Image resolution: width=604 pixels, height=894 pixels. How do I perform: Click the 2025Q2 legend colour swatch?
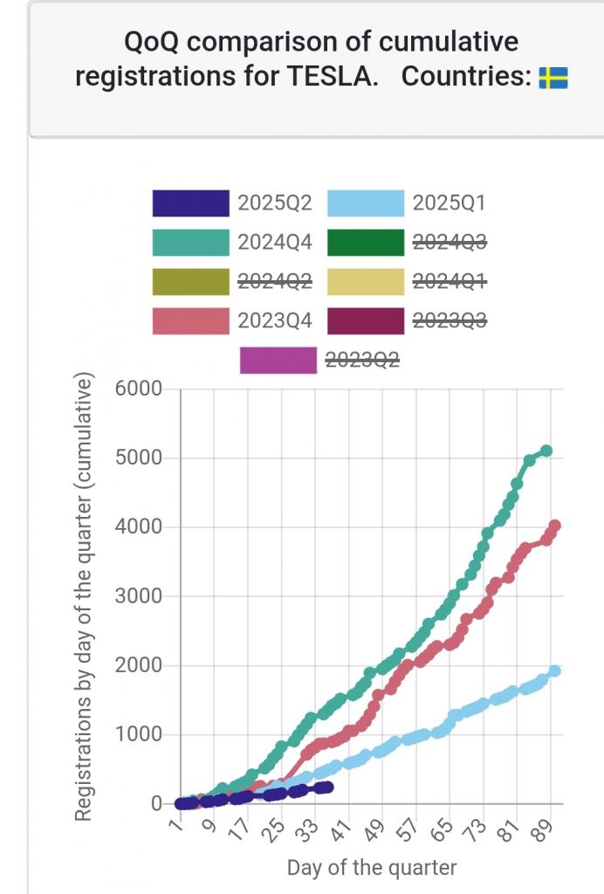(x=190, y=204)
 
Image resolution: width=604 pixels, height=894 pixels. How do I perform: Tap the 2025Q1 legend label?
(x=449, y=204)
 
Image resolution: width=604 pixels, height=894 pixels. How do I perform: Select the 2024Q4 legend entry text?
(x=275, y=243)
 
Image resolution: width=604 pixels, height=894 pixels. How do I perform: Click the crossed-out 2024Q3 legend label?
(x=449, y=243)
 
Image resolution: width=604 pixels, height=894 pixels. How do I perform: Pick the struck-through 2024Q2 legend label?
(x=275, y=281)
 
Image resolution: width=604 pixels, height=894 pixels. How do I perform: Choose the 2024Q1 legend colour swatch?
(x=366, y=281)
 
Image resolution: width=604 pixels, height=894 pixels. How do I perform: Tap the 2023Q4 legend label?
(x=275, y=320)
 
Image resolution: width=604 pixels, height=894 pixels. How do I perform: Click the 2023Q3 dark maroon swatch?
(x=366, y=320)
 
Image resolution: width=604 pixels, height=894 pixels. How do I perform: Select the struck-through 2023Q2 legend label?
(x=362, y=359)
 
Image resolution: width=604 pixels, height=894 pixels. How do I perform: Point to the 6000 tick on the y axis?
(x=139, y=389)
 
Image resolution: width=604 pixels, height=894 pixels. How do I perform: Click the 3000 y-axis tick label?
(x=139, y=597)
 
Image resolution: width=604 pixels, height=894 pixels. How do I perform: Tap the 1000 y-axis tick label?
(x=139, y=735)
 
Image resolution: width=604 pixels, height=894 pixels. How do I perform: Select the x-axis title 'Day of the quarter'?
(x=372, y=868)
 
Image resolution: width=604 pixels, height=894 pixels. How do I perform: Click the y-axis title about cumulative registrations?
(x=84, y=597)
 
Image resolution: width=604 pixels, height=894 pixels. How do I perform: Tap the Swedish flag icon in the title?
(x=553, y=78)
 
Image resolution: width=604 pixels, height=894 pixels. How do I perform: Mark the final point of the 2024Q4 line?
(x=546, y=450)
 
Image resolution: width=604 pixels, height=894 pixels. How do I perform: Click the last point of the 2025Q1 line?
(x=554, y=670)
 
